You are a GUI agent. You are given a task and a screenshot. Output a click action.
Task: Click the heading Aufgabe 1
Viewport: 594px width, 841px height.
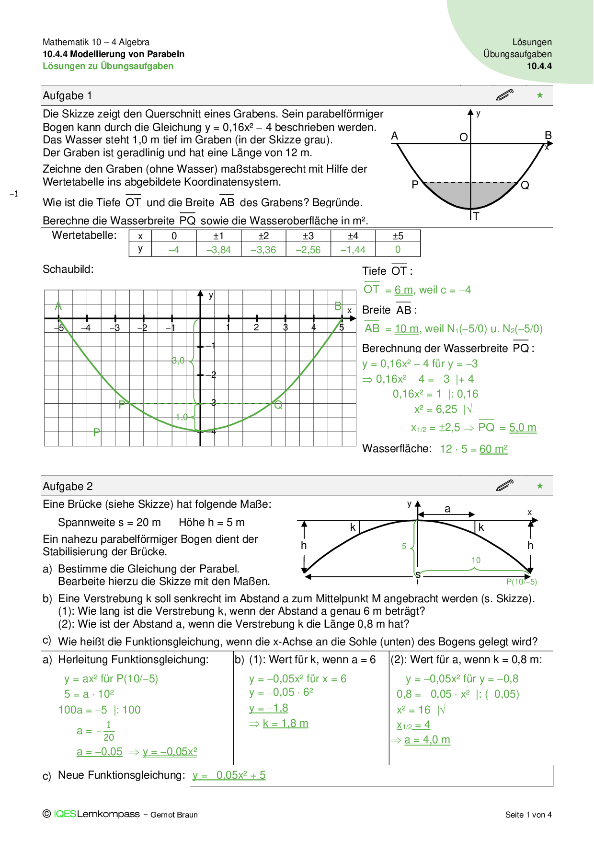67,96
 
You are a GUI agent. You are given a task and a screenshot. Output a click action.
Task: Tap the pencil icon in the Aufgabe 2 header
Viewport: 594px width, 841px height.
505,485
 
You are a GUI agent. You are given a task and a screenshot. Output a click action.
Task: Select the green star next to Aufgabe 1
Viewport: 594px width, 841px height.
540,95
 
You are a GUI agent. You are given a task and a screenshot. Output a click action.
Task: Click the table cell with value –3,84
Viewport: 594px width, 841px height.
218,250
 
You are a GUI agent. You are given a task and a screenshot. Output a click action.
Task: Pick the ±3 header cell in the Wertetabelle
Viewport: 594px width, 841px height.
308,236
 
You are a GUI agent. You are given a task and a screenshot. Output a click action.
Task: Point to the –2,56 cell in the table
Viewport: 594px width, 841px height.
308,250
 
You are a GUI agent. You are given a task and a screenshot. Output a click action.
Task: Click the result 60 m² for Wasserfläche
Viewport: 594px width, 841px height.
493,449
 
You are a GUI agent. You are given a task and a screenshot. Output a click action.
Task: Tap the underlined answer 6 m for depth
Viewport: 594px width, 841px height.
403,290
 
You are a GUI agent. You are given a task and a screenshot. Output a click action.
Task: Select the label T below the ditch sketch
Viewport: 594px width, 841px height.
476,217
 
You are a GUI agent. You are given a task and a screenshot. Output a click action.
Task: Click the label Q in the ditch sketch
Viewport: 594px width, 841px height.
525,186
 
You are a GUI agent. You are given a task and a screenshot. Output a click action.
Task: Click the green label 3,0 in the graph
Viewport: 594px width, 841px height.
178,361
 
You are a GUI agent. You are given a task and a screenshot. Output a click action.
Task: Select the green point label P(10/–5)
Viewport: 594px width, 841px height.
521,582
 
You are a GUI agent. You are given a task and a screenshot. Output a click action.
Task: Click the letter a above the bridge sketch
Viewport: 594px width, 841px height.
447,509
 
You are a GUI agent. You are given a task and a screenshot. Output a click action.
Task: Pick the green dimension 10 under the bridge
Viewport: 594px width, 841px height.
476,560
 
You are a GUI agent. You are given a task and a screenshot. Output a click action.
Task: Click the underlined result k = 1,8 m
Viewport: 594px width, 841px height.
285,724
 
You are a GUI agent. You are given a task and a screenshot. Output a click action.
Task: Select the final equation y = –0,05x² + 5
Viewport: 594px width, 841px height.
229,775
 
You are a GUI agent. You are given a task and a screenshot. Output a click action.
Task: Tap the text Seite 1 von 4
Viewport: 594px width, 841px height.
528,815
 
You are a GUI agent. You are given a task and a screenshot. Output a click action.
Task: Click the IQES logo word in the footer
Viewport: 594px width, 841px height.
65,814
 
